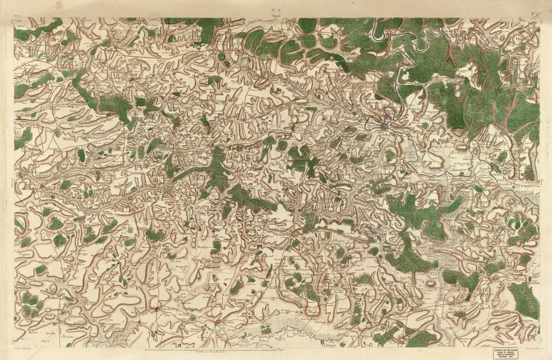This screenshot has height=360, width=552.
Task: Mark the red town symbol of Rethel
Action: click(x=217, y=322)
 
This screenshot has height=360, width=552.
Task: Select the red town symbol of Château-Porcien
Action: click(x=157, y=309)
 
